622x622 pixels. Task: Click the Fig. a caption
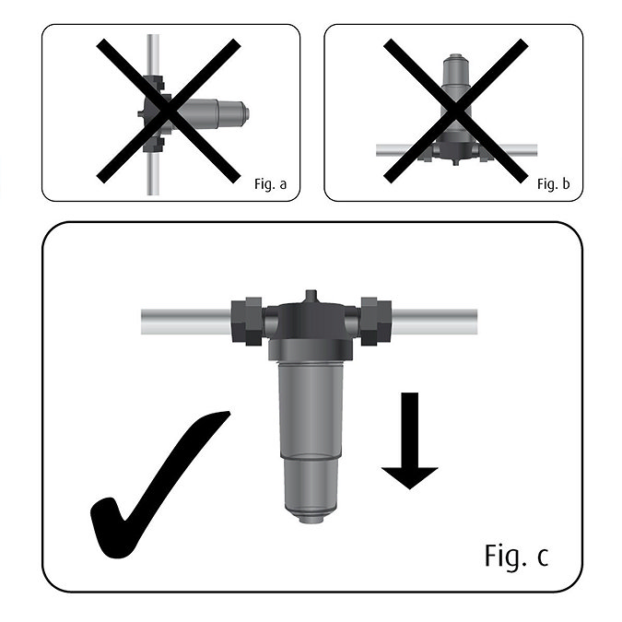point(270,184)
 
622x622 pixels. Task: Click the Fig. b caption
point(554,184)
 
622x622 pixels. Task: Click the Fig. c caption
point(516,556)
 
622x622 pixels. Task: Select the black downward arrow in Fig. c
point(410,440)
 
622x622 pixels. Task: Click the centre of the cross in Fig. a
point(169,111)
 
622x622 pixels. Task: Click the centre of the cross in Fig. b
point(455,111)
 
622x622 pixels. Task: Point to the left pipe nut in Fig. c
point(246,322)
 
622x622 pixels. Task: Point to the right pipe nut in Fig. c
point(376,322)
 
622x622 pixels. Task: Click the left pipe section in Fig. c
point(186,322)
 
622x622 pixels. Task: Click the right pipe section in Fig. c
point(434,322)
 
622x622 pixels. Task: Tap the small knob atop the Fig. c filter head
point(311,297)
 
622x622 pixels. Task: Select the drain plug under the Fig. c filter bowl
point(311,519)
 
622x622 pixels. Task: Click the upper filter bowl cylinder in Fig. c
point(311,411)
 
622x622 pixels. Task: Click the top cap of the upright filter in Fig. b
point(456,57)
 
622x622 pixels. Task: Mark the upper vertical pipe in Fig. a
point(153,54)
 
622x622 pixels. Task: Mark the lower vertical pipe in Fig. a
point(153,174)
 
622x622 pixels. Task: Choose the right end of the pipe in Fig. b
point(536,151)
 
